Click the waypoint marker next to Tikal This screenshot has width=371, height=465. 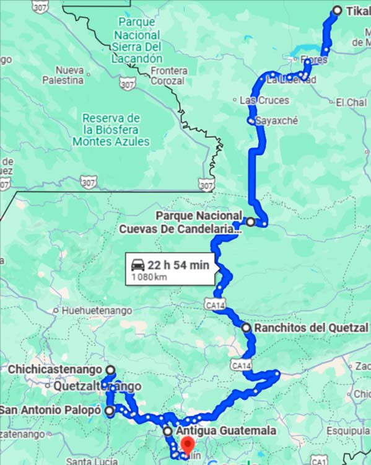point(337,10)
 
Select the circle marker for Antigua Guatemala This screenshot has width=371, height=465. point(167,431)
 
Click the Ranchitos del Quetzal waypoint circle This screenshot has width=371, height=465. point(246,327)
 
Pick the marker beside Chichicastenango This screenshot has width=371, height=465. point(110,370)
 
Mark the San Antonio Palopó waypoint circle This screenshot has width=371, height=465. point(110,410)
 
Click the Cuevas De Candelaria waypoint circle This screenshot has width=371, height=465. point(250,221)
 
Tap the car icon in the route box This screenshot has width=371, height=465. point(137,265)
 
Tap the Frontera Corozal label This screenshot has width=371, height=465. point(167,75)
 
